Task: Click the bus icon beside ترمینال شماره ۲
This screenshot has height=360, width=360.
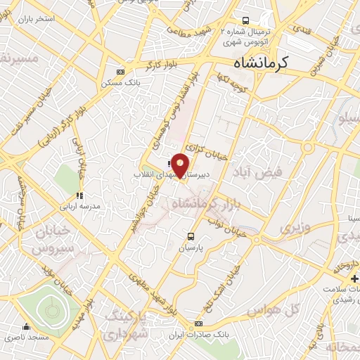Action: tap(245, 20)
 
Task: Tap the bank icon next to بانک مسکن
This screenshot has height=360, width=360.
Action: tap(120, 71)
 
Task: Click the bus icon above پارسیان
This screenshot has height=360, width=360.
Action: tap(190, 236)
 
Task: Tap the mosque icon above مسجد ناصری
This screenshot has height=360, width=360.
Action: tap(26, 326)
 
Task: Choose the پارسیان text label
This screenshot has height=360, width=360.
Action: tap(190, 248)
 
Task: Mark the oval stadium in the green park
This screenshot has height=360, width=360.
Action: tap(49, 307)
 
